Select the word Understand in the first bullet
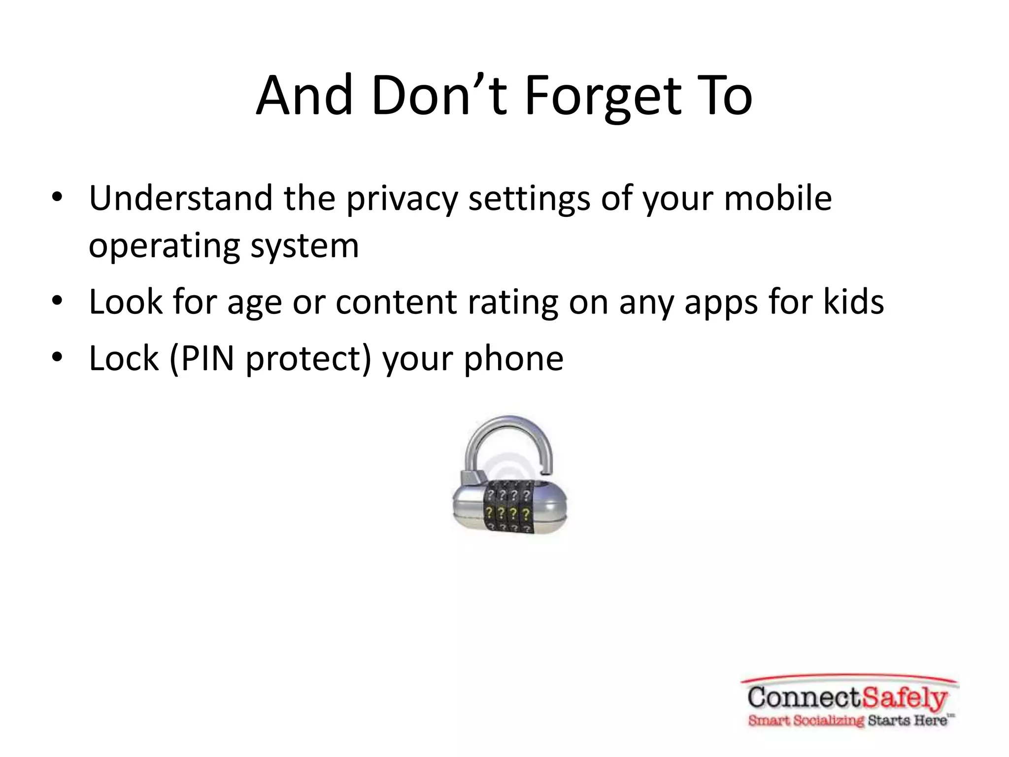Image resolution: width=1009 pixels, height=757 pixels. point(180,198)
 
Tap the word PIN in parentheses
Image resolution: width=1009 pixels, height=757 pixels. point(207,358)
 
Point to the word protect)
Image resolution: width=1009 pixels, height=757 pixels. point(308,358)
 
